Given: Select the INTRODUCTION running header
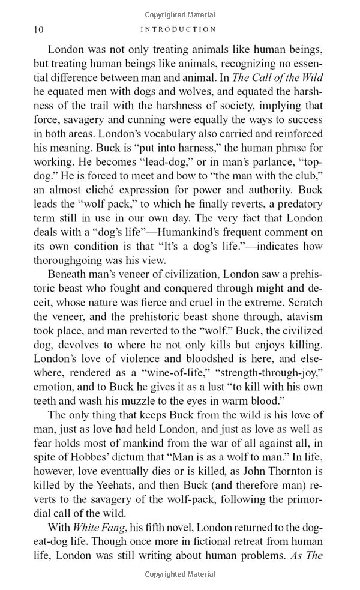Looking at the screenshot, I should click(x=179, y=29).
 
